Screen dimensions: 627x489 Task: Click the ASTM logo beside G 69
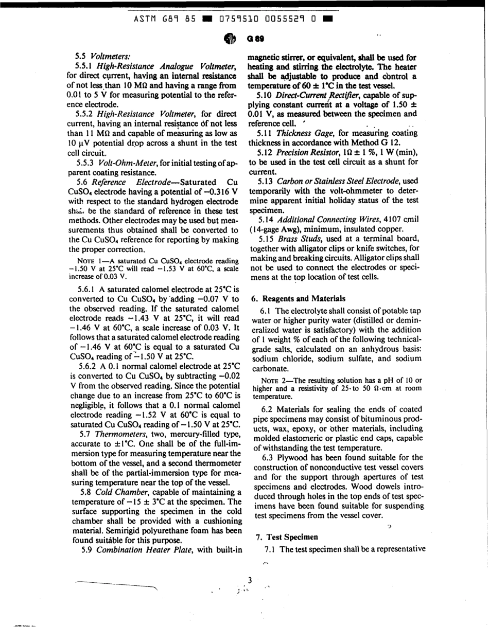click(x=230, y=39)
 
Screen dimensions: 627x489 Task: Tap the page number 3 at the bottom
click(x=249, y=581)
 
